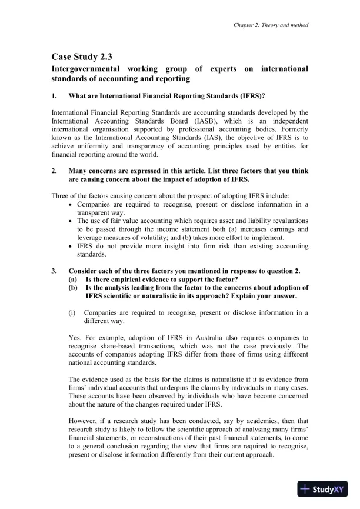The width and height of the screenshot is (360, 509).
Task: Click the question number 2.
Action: tap(54, 171)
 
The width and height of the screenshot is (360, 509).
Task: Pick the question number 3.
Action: tap(54, 271)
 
